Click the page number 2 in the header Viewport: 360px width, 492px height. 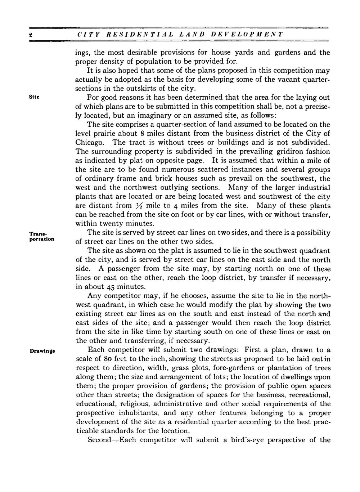tap(31, 35)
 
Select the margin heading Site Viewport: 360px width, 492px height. tap(35, 97)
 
